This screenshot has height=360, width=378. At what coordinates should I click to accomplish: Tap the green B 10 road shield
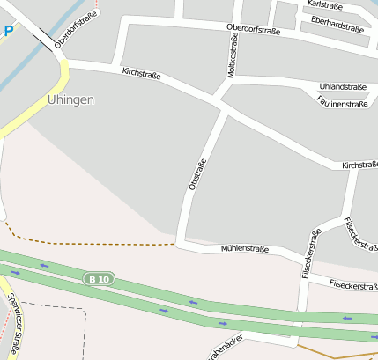pyautogui.click(x=99, y=279)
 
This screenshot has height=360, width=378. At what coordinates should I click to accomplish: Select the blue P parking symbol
pyautogui.click(x=8, y=31)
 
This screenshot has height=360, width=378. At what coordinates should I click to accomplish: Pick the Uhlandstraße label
pyautogui.click(x=342, y=87)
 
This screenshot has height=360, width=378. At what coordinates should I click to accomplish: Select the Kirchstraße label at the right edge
pyautogui.click(x=359, y=165)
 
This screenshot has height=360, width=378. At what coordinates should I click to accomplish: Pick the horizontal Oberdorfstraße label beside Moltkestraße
pyautogui.click(x=253, y=29)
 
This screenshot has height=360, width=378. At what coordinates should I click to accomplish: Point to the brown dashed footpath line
pyautogui.click(x=97, y=243)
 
